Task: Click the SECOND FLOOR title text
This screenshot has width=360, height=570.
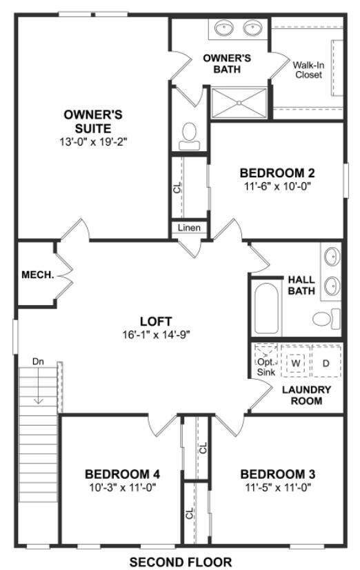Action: pyautogui.click(x=180, y=562)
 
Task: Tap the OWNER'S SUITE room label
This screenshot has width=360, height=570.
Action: pyautogui.click(x=94, y=121)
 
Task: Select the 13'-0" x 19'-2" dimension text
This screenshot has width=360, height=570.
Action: pyautogui.click(x=94, y=141)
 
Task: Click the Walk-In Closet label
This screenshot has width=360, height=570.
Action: pyautogui.click(x=307, y=70)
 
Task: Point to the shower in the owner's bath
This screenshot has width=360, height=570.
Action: pyautogui.click(x=239, y=103)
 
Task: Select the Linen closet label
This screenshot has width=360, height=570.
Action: pyautogui.click(x=189, y=228)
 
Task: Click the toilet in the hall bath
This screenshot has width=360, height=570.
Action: pyautogui.click(x=326, y=319)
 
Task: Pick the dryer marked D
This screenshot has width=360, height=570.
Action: pyautogui.click(x=326, y=362)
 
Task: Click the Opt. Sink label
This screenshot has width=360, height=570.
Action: pyautogui.click(x=266, y=366)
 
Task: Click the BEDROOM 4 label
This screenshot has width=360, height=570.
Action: pyautogui.click(x=123, y=474)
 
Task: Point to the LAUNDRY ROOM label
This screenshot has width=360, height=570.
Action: pyautogui.click(x=308, y=395)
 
